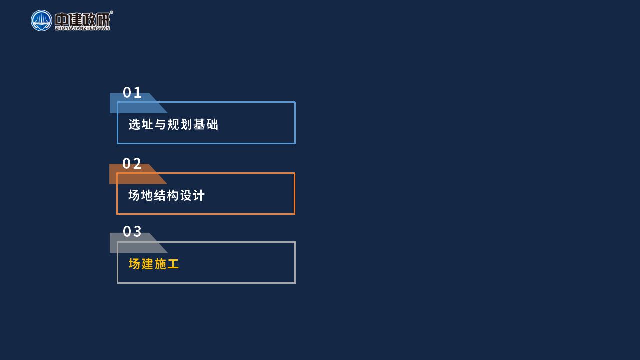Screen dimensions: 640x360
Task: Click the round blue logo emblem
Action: pos(41,21)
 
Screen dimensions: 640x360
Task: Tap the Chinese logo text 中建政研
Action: pos(82,19)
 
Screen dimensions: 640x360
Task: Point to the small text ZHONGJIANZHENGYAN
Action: pos(82,28)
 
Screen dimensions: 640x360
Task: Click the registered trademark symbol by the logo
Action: pos(111,12)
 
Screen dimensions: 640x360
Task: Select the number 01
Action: pos(132,92)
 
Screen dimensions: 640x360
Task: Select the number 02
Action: pos(132,163)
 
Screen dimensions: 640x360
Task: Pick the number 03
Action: pos(132,231)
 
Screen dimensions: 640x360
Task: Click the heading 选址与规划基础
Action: pos(173,124)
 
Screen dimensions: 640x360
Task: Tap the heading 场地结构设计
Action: pos(167,195)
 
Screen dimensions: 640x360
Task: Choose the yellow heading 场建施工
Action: pos(154,264)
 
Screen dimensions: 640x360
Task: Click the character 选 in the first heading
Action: pos(134,124)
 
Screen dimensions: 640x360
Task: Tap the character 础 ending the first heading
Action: pos(212,124)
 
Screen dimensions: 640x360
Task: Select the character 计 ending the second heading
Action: pos(199,195)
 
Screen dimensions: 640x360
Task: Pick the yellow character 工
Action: pos(173,264)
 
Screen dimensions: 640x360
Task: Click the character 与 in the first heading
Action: pos(160,124)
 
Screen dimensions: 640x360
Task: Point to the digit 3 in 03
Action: pos(137,231)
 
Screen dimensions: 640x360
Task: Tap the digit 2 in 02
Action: pos(137,163)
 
